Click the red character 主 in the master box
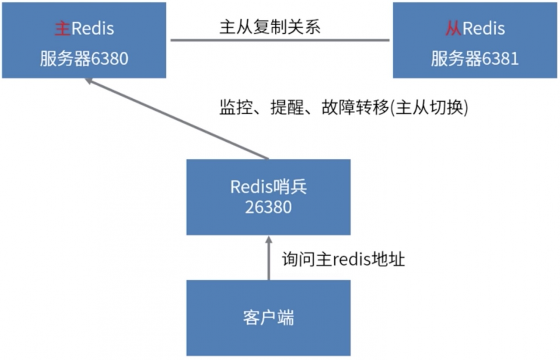pos(63,29)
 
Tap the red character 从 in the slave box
pos(453,29)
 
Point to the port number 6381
pos(500,59)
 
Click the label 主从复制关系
pos(270,27)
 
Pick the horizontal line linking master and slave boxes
pos(280,40)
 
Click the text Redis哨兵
pos(269,187)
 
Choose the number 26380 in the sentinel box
pos(268,207)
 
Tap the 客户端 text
pos(268,318)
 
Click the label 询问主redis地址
pos(343,259)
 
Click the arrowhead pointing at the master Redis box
pos(89,81)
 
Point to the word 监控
pos(232,108)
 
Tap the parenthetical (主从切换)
pos(429,108)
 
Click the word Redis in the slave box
pos(483,29)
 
